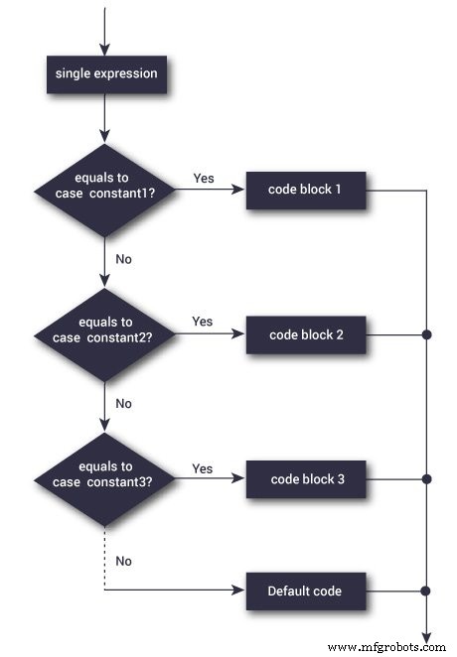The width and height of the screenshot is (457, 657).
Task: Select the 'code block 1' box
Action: (x=306, y=189)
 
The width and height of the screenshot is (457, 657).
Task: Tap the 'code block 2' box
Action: (x=306, y=334)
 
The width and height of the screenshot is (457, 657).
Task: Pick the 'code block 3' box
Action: (x=306, y=479)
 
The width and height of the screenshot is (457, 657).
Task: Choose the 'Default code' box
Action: (x=304, y=591)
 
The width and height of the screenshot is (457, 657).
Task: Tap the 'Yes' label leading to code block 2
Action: (x=202, y=323)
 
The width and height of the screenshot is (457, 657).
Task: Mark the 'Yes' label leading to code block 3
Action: (x=202, y=467)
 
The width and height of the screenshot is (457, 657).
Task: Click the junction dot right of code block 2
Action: (x=426, y=334)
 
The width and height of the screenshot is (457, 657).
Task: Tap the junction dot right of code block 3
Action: (x=426, y=479)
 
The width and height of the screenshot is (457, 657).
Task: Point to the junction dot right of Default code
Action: (x=426, y=591)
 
